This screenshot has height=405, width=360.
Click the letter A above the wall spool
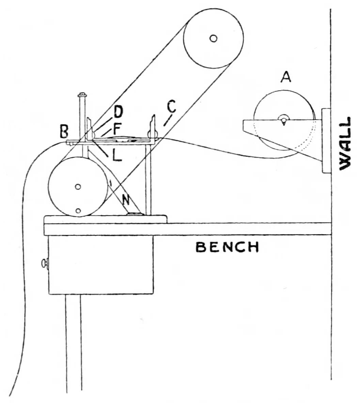285,78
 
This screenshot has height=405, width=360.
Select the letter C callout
171,107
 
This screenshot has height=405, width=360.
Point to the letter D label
118,112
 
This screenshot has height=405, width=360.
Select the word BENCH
227,247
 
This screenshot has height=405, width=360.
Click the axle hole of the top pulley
213,38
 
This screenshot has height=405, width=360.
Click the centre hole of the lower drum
78,187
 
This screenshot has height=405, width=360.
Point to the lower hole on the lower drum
78,211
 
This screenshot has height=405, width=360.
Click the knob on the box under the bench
44,263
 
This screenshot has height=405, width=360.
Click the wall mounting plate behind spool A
326,141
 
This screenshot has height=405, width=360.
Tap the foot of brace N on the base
135,214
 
